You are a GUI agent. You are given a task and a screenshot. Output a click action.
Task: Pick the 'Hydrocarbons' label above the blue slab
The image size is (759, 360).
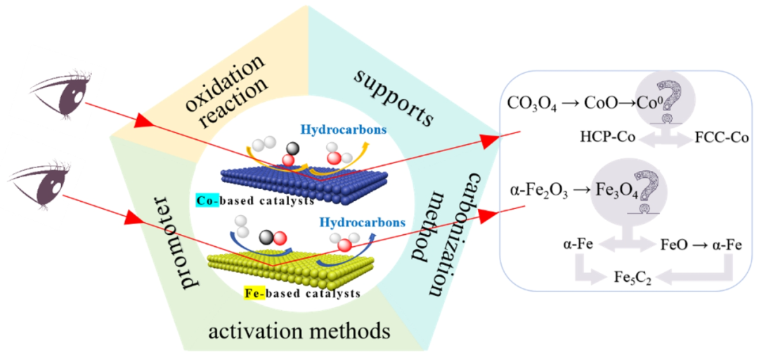pyautogui.click(x=341, y=131)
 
